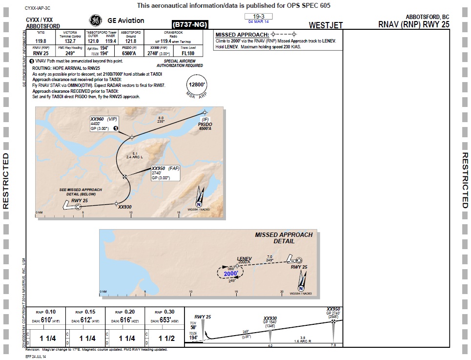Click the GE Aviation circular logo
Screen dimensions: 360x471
coord(95,21)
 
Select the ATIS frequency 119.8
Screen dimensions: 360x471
coord(41,41)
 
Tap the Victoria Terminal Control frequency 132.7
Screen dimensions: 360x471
coord(70,42)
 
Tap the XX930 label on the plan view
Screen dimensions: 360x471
coord(125,207)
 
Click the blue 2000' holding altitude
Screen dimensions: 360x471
coord(231,274)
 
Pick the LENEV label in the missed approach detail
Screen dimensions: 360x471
coord(244,258)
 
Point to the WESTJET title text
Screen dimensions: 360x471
coord(326,25)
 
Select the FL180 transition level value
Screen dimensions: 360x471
coord(188,53)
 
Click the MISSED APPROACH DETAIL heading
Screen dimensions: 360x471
coord(284,238)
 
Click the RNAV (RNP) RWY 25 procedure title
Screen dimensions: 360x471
coord(413,24)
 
